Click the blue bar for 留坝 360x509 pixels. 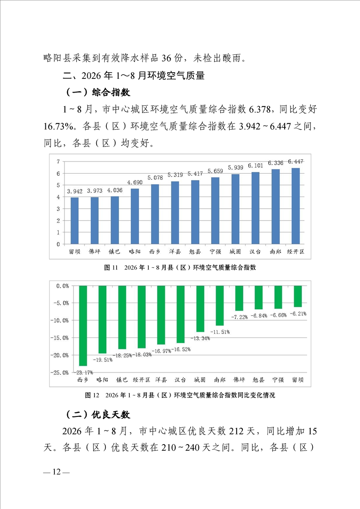click(75, 221)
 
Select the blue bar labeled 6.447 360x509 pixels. click(296, 206)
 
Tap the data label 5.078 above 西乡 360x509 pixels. click(155, 177)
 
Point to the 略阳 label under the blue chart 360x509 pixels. click(135, 252)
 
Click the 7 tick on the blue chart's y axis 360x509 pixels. click(58, 162)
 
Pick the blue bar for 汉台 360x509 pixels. click(256, 208)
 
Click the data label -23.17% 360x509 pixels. click(84, 372)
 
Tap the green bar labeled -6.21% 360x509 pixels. click(298, 296)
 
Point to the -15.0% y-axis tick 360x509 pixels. click(59, 338)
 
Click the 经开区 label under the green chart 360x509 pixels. click(141, 380)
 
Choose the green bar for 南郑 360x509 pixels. click(220, 306)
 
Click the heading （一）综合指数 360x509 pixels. click(98, 93)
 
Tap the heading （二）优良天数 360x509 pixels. click(98, 415)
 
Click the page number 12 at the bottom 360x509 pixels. click(57, 472)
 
